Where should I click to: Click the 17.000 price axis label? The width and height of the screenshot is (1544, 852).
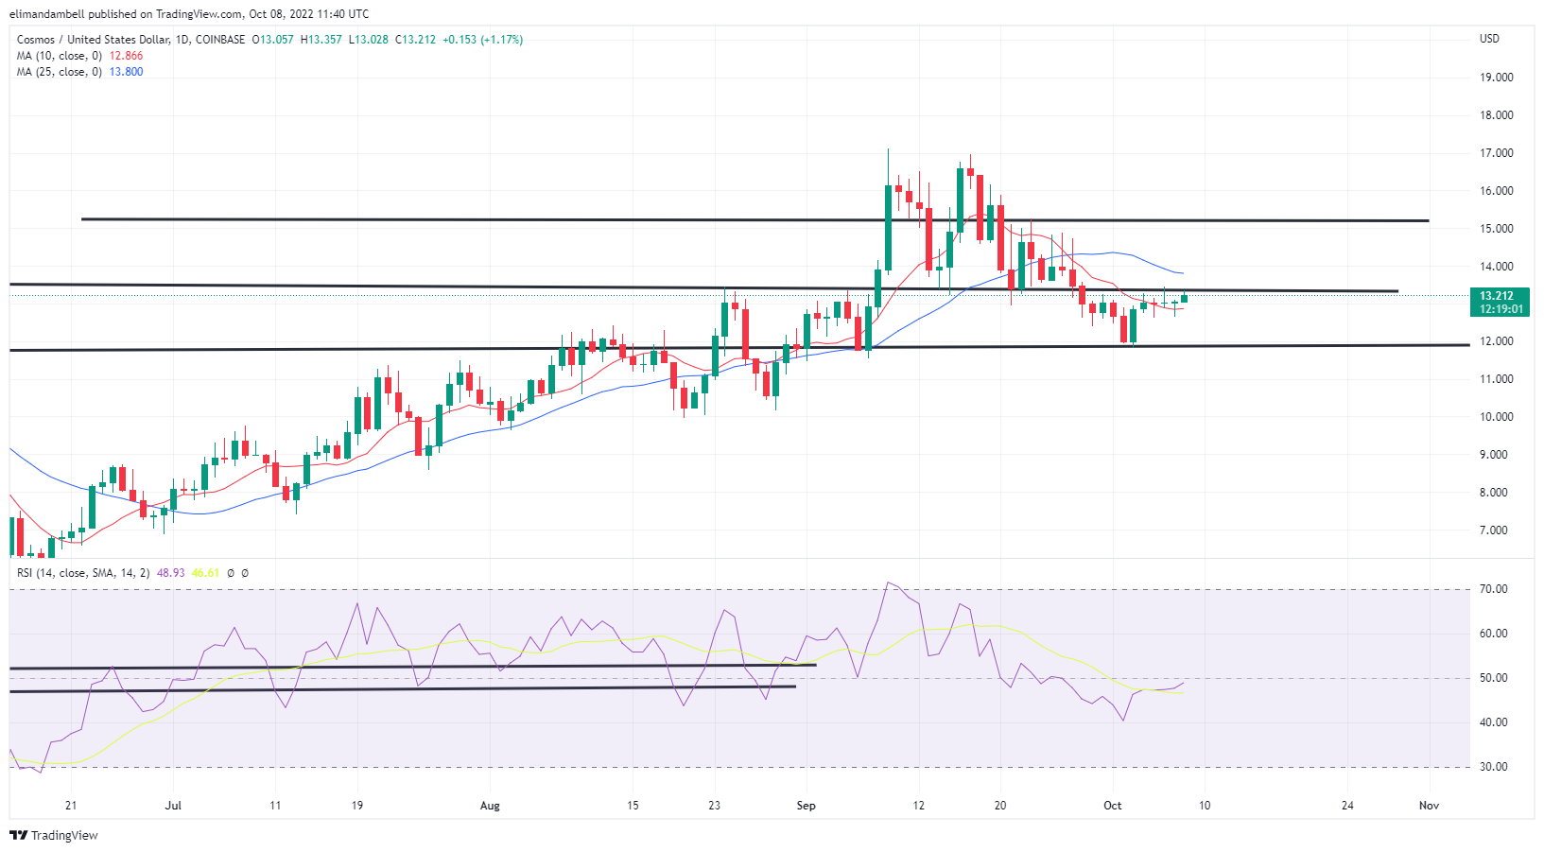pos(1496,153)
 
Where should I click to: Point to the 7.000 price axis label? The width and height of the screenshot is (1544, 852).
pos(1496,530)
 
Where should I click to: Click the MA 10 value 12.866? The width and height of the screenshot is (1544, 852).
pos(126,56)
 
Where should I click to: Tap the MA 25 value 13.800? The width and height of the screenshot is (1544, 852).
pos(126,72)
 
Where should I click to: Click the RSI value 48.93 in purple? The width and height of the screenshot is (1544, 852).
pos(170,573)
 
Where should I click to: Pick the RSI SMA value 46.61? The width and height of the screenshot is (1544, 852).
pos(205,573)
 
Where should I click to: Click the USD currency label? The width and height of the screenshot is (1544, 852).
pos(1489,39)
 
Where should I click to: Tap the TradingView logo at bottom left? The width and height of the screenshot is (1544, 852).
pos(54,835)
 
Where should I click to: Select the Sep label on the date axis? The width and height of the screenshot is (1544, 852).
pos(806,806)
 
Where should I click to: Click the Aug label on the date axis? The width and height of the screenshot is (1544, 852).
pos(489,806)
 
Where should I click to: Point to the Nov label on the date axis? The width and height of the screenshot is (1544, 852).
pos(1429,806)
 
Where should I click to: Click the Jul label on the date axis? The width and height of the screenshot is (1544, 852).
pos(172,806)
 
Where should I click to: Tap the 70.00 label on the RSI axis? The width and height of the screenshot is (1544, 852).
pos(1494,589)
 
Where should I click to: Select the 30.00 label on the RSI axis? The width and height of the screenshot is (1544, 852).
pos(1494,767)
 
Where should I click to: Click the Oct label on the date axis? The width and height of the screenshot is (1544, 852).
pos(1112,806)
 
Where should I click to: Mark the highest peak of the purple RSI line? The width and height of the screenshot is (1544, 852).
pos(888,582)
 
